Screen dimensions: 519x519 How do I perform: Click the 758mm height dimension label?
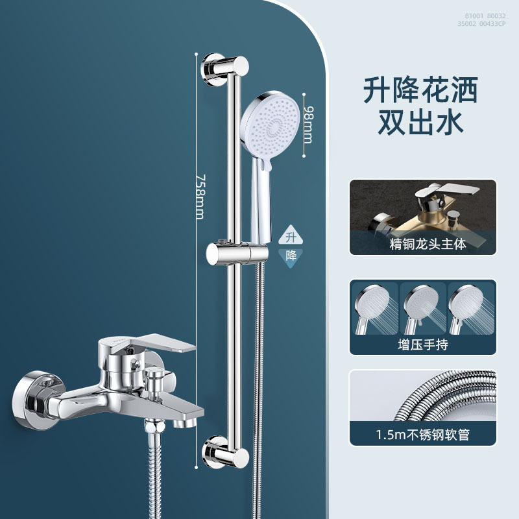click(200, 197)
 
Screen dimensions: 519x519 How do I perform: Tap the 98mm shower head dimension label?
click(308, 125)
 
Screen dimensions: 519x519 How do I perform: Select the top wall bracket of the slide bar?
click(225, 69)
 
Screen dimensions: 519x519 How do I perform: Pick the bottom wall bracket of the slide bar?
click(225, 452)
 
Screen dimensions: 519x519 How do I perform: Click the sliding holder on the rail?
click(237, 254)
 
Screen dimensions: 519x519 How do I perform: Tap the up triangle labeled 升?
click(291, 235)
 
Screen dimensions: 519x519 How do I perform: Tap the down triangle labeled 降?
click(291, 257)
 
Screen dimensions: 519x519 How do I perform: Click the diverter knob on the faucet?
click(155, 381)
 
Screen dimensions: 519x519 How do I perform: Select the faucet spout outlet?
click(185, 422)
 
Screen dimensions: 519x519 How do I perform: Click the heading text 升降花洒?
click(420, 90)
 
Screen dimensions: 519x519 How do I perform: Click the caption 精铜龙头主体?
click(428, 244)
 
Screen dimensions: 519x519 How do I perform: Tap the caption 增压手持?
click(423, 344)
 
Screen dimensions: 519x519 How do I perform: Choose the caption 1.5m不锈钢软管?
click(423, 435)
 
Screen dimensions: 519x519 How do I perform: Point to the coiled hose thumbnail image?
click(423, 396)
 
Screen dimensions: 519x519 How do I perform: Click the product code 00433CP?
click(493, 23)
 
